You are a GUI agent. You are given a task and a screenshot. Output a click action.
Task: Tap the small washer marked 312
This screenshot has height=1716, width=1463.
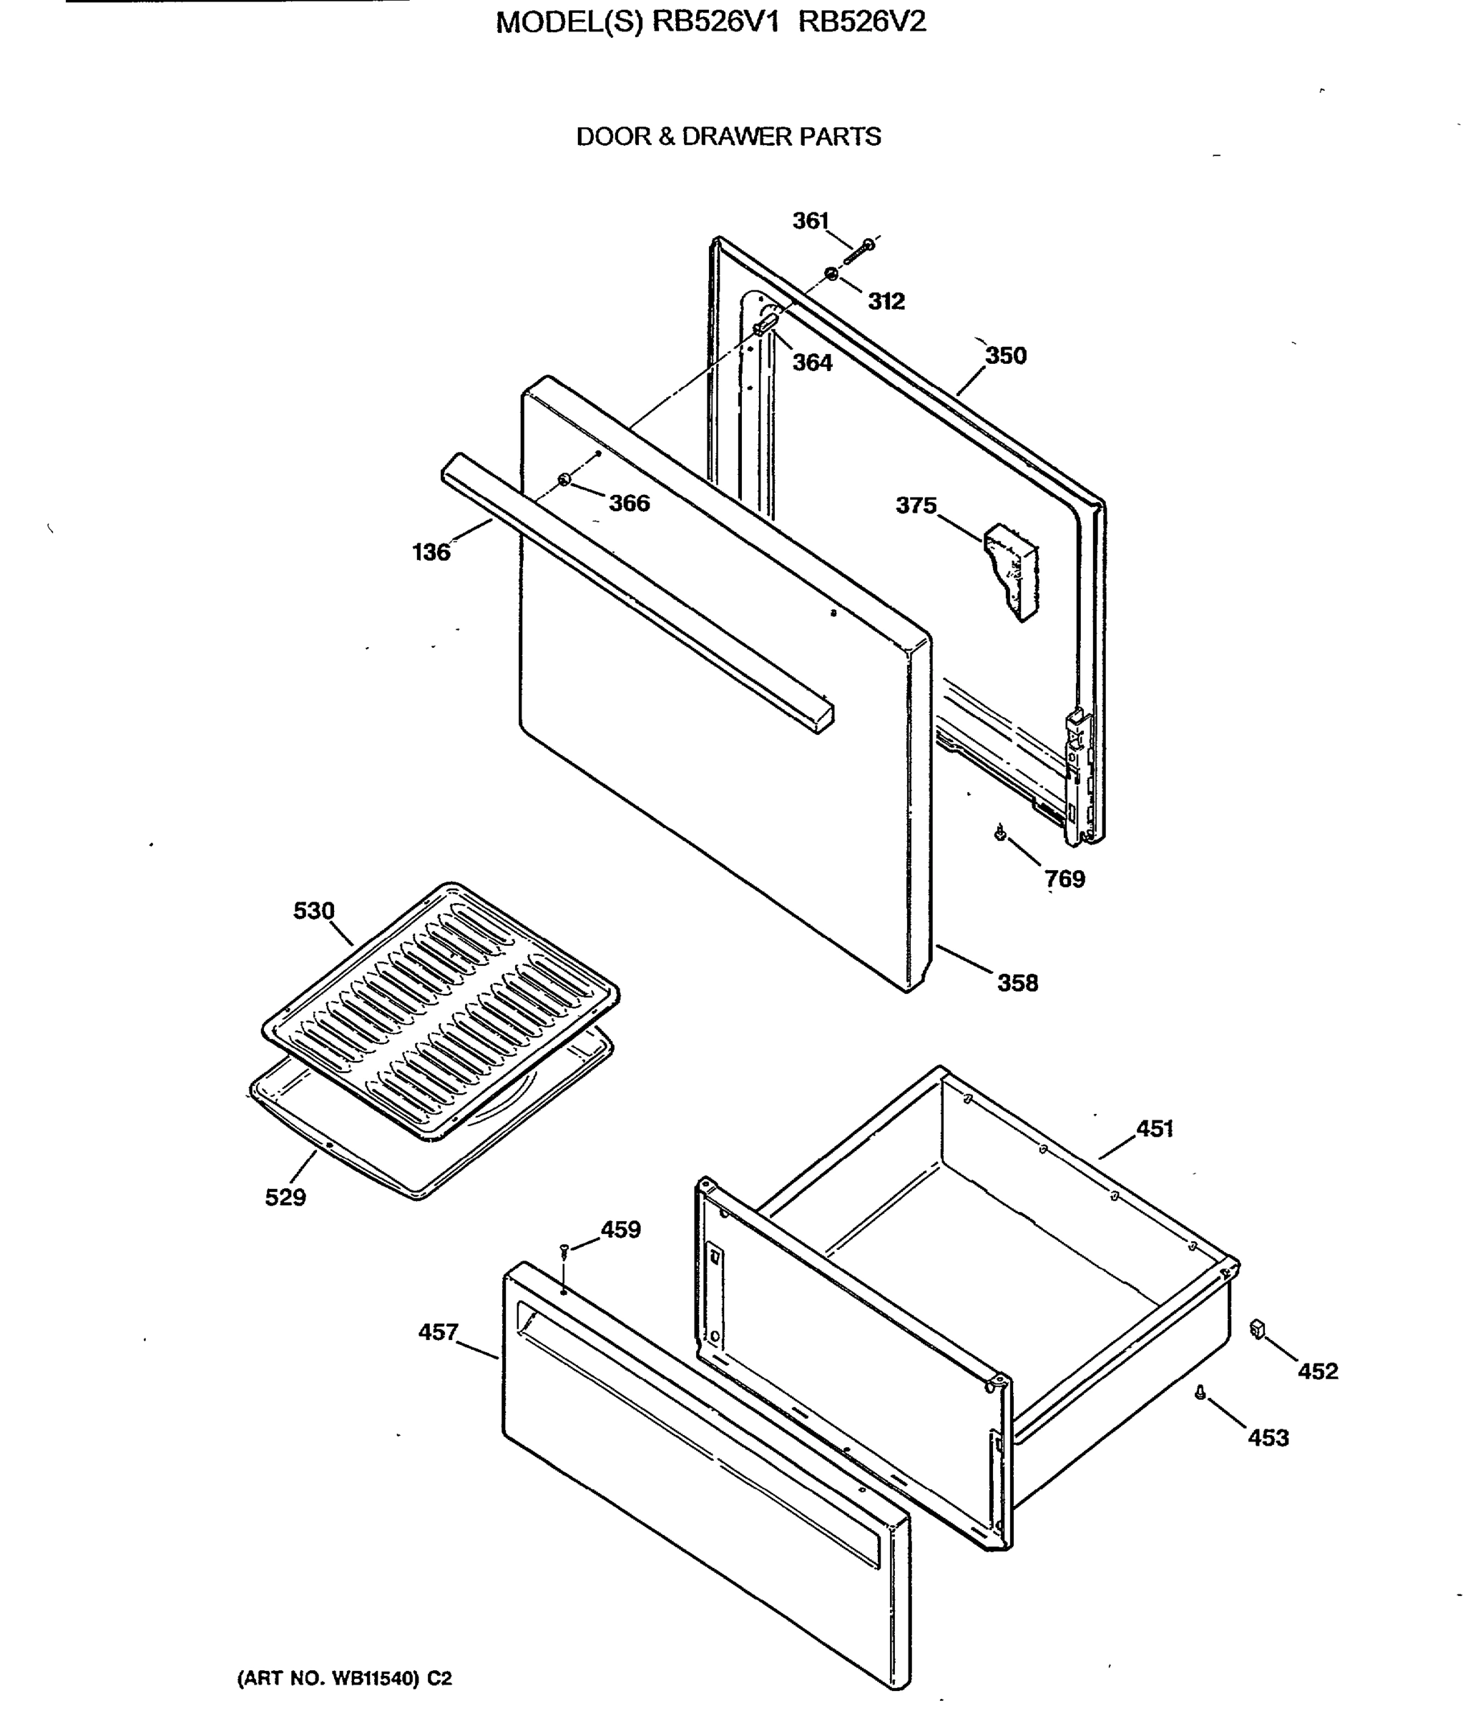pyautogui.click(x=830, y=274)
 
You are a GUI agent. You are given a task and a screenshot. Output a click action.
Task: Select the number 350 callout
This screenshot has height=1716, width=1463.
pyautogui.click(x=1005, y=355)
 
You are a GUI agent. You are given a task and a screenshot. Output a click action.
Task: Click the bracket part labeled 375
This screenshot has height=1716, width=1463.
pyautogui.click(x=1012, y=571)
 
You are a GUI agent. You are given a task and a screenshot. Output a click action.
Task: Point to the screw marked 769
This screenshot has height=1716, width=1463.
pyautogui.click(x=1000, y=832)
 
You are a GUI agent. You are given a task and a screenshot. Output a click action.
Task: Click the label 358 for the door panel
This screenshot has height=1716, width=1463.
pyautogui.click(x=1017, y=983)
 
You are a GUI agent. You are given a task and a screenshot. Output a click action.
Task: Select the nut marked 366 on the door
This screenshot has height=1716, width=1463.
pyautogui.click(x=564, y=480)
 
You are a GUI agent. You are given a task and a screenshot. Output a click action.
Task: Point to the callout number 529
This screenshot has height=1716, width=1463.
pyautogui.click(x=285, y=1198)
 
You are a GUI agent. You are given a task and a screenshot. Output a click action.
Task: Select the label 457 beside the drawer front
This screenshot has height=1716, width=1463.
pyautogui.click(x=437, y=1333)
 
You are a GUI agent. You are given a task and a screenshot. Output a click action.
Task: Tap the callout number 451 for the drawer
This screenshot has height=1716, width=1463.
pyautogui.click(x=1154, y=1129)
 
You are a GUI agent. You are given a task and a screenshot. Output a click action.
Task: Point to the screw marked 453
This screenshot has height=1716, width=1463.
pyautogui.click(x=1200, y=1394)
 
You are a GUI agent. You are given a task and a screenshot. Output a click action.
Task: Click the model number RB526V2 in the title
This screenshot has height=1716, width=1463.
pyautogui.click(x=861, y=22)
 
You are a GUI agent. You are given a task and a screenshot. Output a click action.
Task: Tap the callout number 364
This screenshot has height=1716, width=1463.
pyautogui.click(x=812, y=363)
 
